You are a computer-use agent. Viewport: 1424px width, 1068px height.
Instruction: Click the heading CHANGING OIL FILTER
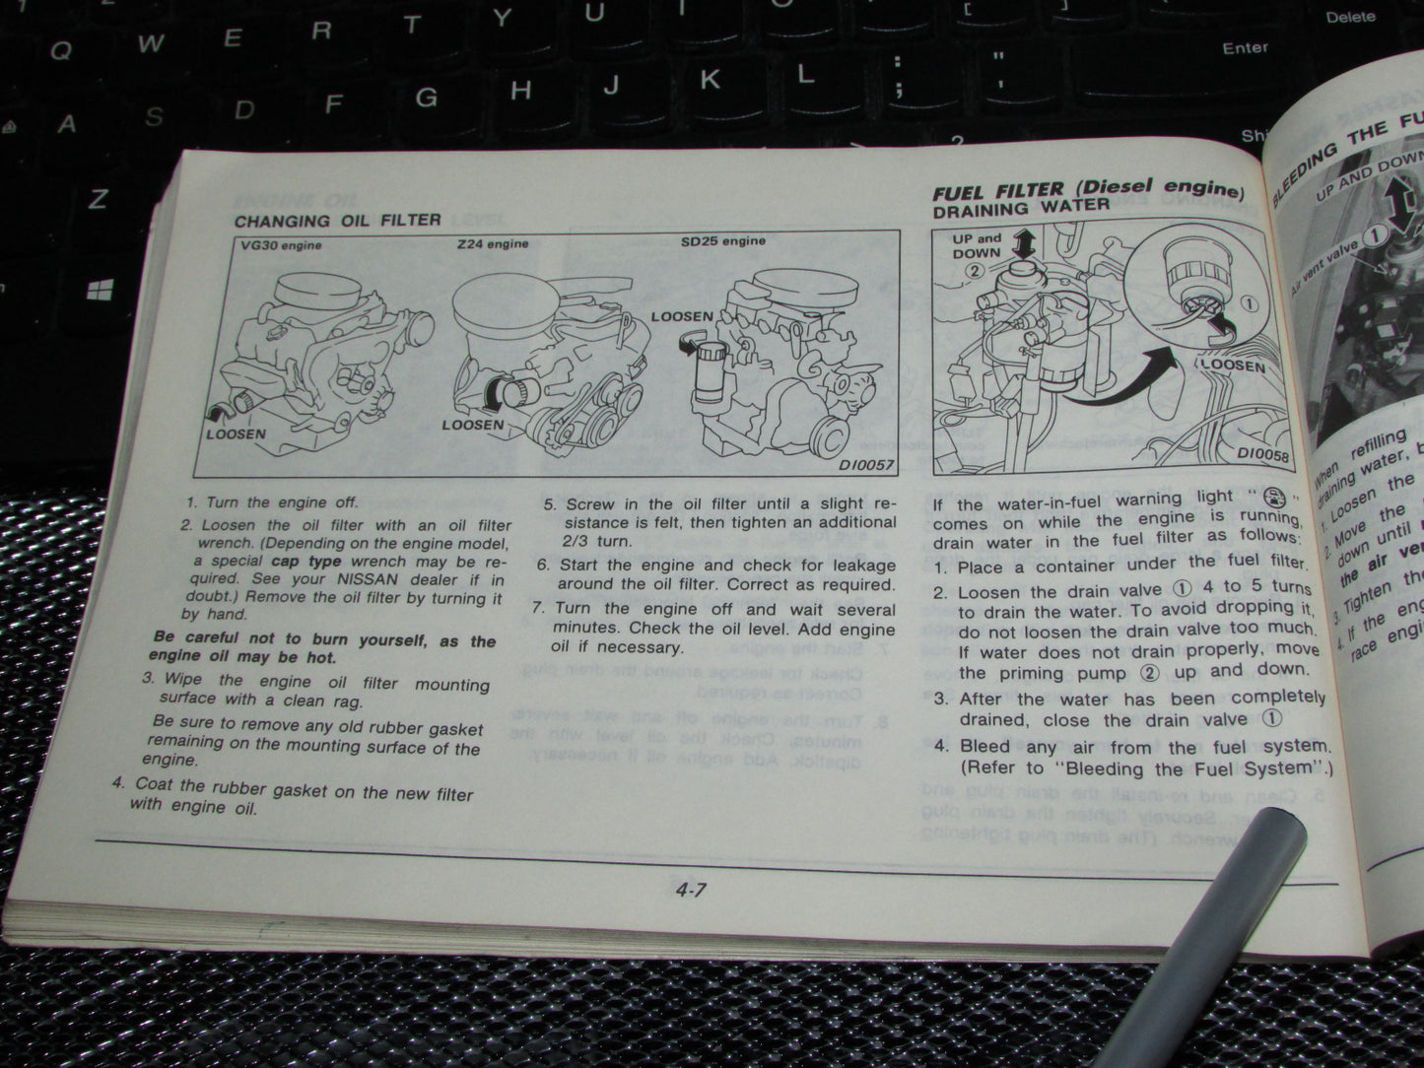coord(337,220)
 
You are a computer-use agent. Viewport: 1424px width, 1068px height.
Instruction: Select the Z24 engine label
coord(492,243)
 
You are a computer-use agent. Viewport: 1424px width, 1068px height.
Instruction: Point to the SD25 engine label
coord(722,240)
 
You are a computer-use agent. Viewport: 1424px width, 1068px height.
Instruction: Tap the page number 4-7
coord(691,892)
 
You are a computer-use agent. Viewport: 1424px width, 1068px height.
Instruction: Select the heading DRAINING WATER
coord(1021,208)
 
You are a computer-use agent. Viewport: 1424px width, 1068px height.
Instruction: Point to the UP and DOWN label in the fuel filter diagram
coord(976,245)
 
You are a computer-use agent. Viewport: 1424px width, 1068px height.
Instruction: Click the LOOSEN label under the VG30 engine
coord(236,433)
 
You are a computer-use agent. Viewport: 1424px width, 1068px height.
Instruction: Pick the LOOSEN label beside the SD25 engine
coord(682,317)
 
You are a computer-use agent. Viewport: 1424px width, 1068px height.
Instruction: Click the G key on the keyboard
coord(426,97)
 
